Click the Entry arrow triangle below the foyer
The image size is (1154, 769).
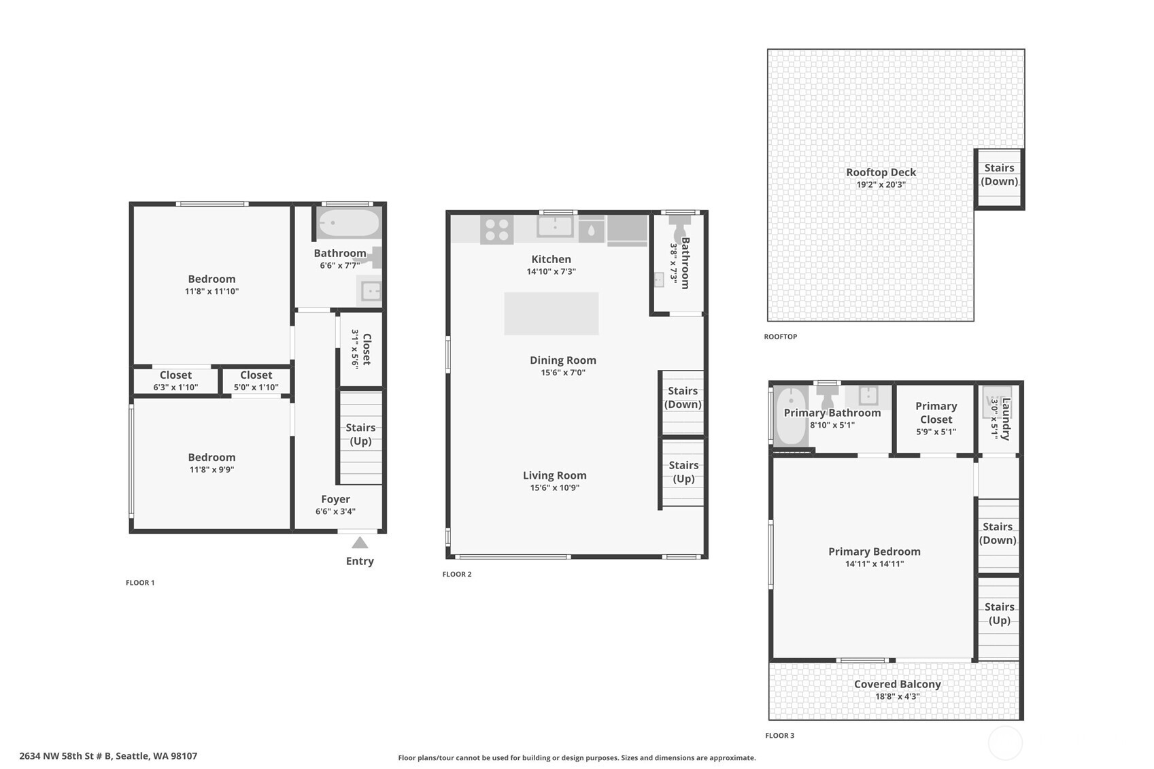coord(360,543)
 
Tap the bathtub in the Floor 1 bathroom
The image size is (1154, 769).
coord(349,223)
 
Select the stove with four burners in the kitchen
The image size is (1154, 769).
coord(496,229)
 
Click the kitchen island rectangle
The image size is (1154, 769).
coord(551,313)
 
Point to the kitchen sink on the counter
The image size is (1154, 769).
coord(555,226)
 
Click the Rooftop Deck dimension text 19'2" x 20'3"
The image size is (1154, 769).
coord(881,185)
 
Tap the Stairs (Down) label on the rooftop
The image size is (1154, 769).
coord(999,175)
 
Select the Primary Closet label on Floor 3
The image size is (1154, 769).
coord(936,413)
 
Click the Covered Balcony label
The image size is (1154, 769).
coord(897,684)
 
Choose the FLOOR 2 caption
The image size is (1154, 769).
coord(456,575)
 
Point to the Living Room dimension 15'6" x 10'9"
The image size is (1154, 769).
coord(554,488)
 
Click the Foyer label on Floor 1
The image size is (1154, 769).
coord(335,499)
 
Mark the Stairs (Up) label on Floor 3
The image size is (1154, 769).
coord(999,613)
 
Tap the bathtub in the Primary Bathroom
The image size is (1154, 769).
coord(790,415)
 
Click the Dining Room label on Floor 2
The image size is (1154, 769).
coord(562,360)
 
